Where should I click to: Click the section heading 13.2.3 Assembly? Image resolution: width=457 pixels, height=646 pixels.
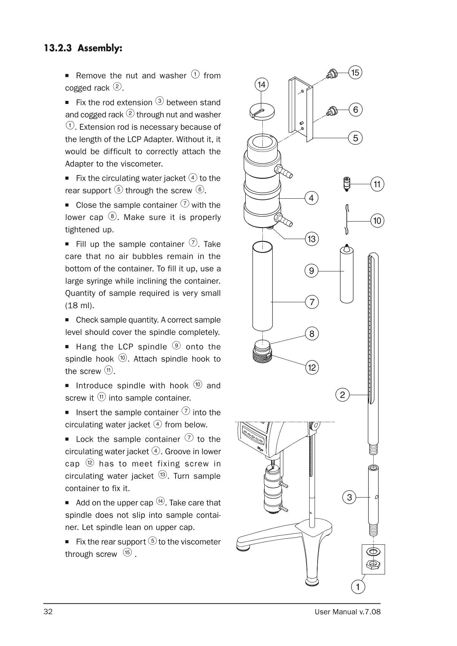point(83,48)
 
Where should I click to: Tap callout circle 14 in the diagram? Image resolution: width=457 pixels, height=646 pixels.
point(261,85)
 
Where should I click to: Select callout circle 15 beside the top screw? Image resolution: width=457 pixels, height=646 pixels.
point(355,72)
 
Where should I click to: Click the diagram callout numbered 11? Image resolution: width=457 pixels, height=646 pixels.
point(377,185)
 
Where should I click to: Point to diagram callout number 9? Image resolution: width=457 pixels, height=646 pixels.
point(312,271)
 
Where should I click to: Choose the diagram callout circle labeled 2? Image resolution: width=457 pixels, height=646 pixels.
point(342,395)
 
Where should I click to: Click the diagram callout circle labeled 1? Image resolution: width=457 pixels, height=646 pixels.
point(358,587)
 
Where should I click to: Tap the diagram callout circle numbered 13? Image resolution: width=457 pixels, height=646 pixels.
point(312,239)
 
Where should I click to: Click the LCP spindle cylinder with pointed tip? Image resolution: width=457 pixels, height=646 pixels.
point(346,274)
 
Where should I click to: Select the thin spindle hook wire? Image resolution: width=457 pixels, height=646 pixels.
point(347,220)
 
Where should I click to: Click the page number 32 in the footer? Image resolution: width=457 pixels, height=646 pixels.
point(48,612)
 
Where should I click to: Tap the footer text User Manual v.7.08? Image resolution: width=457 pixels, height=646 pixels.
point(347,612)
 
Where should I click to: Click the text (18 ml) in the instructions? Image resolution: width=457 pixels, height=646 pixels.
point(80,306)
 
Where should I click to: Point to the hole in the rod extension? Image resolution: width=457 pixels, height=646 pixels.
point(376,497)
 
